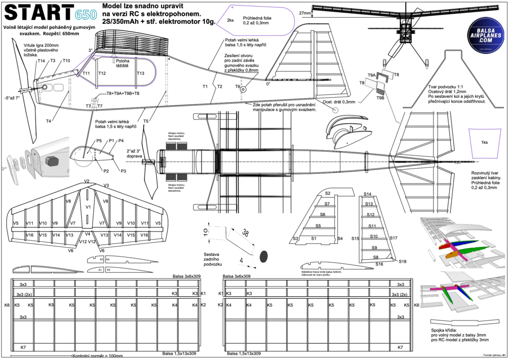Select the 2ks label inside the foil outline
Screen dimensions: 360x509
pyautogui.click(x=230, y=21)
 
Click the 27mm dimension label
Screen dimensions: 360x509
pyautogui.click(x=305, y=13)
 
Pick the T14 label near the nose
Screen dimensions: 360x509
pyautogui.click(x=41, y=61)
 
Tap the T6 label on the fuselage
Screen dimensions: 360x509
pyautogui.click(x=238, y=87)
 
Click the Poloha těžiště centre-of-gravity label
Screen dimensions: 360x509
pyautogui.click(x=122, y=63)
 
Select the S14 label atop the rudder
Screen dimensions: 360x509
pyautogui.click(x=368, y=194)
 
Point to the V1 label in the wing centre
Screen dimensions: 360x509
pyautogui.click(x=88, y=207)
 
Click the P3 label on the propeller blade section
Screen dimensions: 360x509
pyautogui.click(x=123, y=171)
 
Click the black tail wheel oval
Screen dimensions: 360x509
pyautogui.click(x=264, y=257)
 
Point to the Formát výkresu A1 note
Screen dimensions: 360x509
pyautogui.click(x=494, y=356)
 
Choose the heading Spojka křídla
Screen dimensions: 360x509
pyautogui.click(x=445, y=330)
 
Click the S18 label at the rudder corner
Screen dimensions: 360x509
pyautogui.click(x=403, y=261)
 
